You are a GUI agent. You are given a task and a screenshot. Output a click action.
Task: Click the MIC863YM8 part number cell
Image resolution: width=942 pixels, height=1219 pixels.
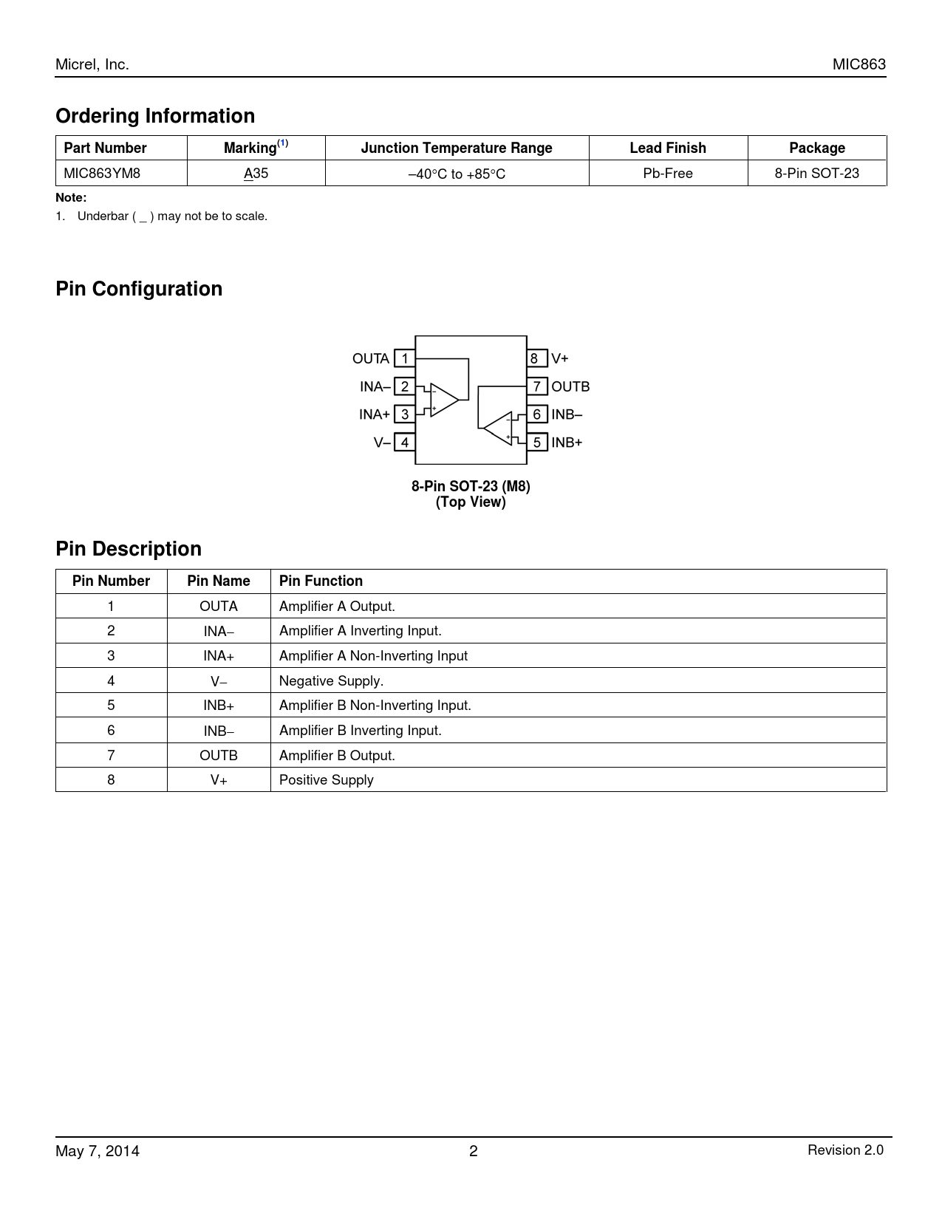coord(102,173)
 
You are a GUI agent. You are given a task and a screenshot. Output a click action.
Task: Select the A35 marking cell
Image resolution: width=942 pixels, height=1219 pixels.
coord(256,174)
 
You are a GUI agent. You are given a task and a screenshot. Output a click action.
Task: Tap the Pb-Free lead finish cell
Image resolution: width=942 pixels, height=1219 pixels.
coord(668,174)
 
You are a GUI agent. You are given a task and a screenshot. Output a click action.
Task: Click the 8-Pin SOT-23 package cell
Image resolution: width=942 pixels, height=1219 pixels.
coord(816,174)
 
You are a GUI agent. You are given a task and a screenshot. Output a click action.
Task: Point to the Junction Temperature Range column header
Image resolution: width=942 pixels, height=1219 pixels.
coord(457,148)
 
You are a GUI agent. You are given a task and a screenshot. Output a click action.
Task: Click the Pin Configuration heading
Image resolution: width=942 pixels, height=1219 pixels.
coord(139,289)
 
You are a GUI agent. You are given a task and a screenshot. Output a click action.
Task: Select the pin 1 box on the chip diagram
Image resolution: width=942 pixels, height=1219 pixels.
coord(404,358)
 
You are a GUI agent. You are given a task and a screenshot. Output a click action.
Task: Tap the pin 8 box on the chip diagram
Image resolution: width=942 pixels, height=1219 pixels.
coord(536,358)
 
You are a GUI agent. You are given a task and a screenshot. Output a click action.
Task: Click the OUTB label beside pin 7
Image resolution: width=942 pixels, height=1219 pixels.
coord(570,386)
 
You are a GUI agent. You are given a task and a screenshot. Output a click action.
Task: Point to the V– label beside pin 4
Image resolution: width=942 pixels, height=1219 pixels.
coord(382,443)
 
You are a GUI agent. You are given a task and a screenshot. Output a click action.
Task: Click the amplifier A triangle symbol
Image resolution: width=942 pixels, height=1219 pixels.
coord(444,400)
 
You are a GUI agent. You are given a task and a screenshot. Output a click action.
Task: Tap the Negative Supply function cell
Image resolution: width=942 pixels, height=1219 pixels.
coord(331,680)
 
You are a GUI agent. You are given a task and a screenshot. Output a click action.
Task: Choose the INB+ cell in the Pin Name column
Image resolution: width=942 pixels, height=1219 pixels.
coord(219,706)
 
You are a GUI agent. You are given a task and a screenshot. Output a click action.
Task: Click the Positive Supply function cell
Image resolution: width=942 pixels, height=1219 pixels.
coord(326,780)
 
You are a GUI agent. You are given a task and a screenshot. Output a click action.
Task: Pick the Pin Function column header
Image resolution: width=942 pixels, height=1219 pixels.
coord(321,581)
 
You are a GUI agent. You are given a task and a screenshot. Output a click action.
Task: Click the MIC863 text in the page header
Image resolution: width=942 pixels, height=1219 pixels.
coord(859,64)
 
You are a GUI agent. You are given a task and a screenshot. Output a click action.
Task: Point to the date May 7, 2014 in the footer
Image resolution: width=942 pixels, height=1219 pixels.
coord(98,1151)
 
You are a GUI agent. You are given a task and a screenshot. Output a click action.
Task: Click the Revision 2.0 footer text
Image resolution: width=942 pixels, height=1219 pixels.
coord(844,1150)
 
